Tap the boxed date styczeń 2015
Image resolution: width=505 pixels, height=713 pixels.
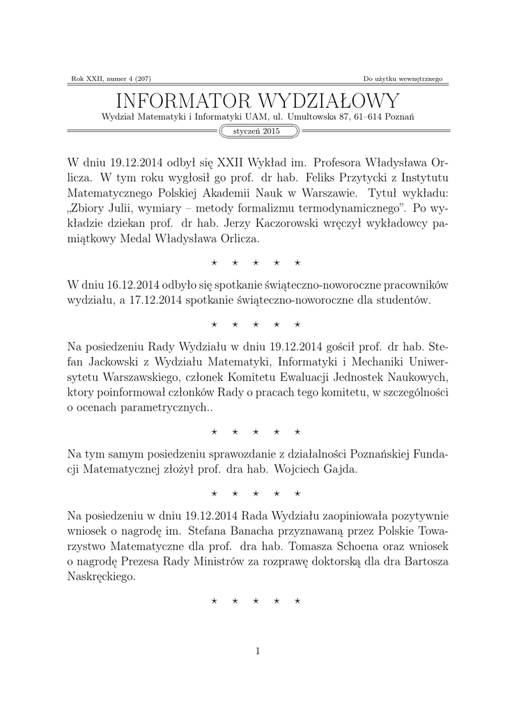click(252, 131)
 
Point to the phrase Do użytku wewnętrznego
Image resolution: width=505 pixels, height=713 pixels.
click(403, 78)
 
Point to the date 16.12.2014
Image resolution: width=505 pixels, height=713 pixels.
click(123, 285)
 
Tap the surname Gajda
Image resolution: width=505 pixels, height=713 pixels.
click(336, 470)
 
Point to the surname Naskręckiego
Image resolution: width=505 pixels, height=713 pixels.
click(100, 578)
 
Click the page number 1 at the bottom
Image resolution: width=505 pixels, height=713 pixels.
click(258, 651)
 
